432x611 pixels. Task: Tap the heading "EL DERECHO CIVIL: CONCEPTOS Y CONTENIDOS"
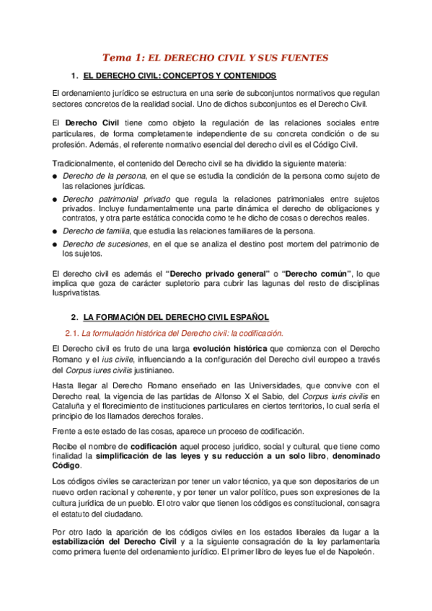[x=180, y=76]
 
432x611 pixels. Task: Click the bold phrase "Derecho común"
[x=317, y=274]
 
